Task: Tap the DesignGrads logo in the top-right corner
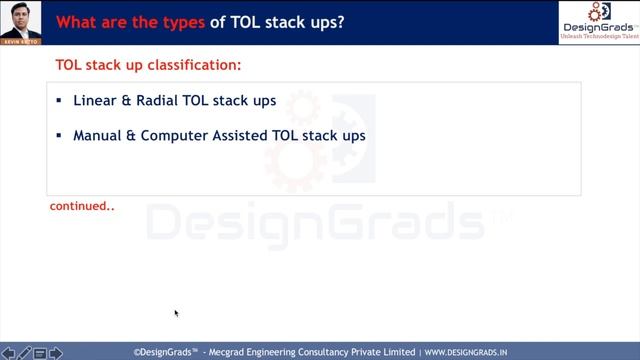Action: (598, 21)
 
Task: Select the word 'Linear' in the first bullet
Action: (92, 101)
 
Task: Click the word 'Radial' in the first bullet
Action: (151, 101)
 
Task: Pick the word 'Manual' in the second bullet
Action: (96, 134)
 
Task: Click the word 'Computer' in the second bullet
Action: (174, 134)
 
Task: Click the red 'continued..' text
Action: (82, 207)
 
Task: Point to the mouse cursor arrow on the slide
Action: (176, 313)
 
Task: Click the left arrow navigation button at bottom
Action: (8, 353)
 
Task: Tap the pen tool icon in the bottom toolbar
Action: (25, 353)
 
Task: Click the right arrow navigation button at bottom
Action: (56, 353)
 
